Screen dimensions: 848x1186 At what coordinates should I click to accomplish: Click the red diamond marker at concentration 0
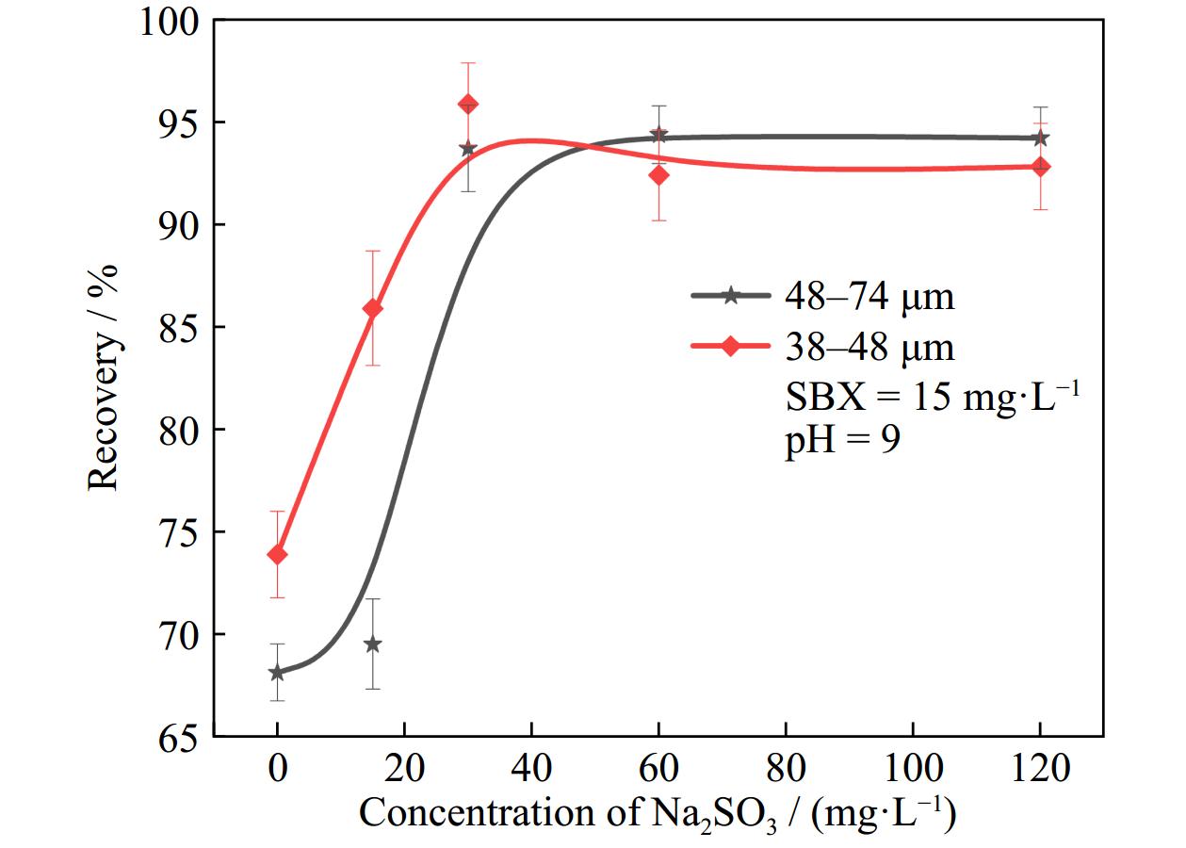click(277, 554)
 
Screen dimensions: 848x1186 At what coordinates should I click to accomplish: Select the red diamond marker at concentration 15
click(373, 308)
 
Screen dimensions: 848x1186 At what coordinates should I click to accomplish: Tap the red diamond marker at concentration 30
click(468, 104)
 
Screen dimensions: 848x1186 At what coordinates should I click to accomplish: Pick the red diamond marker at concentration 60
click(658, 174)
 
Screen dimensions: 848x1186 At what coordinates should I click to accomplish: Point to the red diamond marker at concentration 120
click(1040, 167)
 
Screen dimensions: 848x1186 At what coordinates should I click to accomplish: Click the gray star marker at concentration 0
click(277, 673)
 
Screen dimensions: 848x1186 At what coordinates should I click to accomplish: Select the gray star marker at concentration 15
click(373, 644)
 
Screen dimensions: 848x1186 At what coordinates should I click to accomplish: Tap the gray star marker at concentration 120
click(1040, 138)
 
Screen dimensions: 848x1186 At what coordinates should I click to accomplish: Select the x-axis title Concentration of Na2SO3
click(658, 812)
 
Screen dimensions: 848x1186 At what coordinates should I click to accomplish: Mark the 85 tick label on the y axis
click(179, 327)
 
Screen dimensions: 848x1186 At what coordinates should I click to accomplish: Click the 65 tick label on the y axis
click(179, 737)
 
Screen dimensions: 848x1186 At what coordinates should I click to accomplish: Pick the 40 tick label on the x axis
click(531, 768)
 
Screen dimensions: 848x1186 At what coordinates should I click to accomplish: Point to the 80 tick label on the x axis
click(786, 768)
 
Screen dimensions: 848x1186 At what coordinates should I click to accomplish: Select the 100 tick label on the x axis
click(913, 768)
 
